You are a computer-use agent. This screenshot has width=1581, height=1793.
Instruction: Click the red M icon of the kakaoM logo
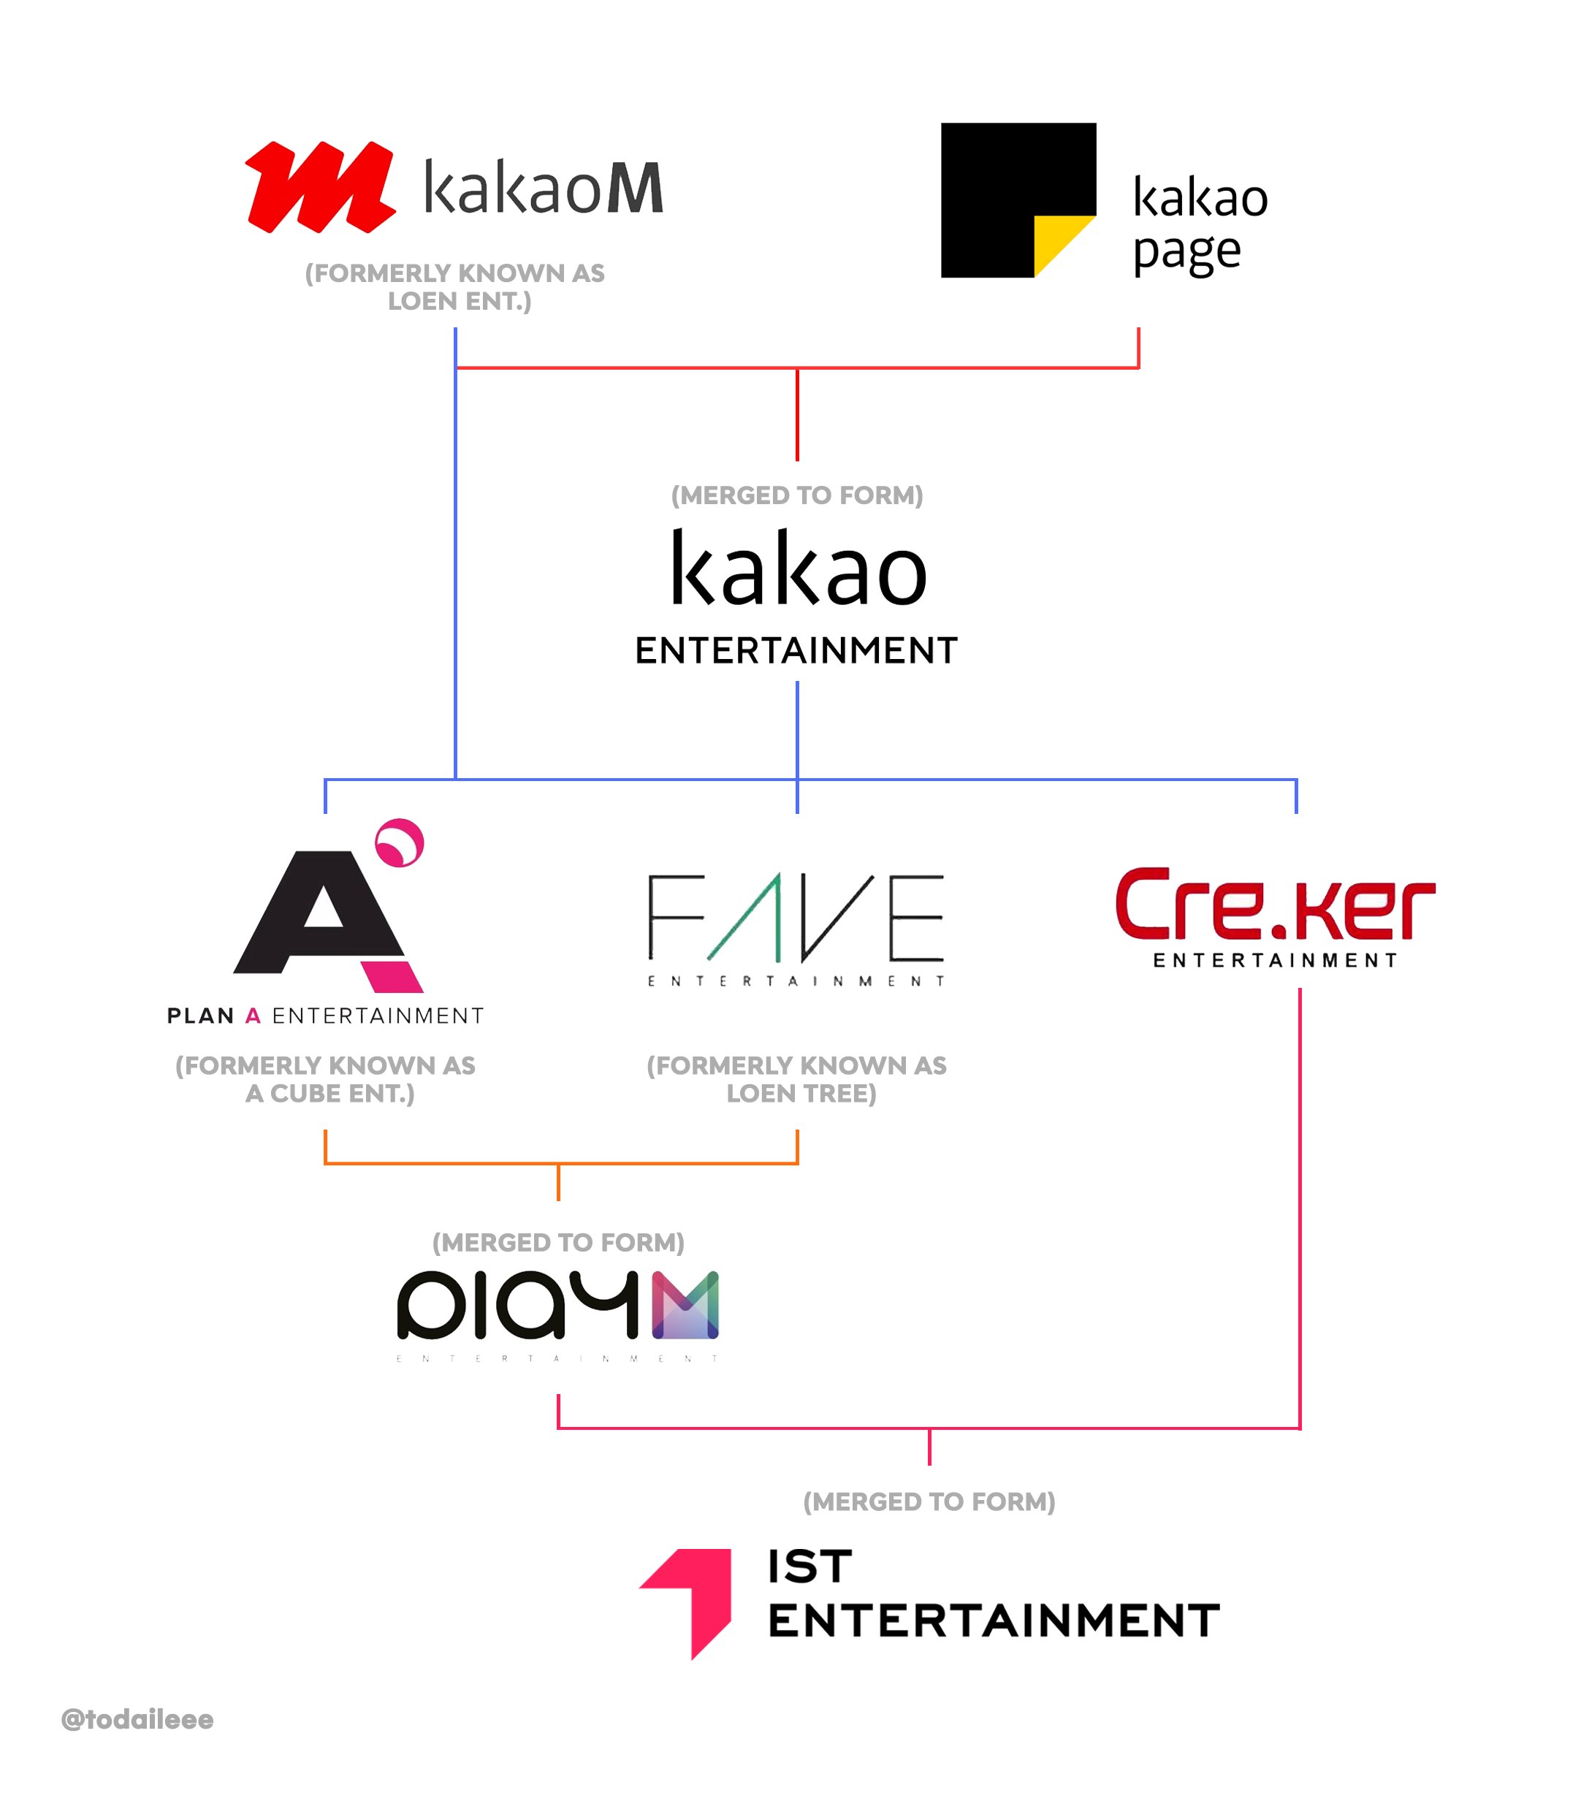[x=319, y=187]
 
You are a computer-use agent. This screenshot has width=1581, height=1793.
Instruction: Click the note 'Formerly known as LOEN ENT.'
[x=454, y=287]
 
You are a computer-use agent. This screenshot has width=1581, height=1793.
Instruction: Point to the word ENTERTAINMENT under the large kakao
[x=796, y=651]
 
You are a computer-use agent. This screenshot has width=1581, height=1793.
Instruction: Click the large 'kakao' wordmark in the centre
[x=798, y=570]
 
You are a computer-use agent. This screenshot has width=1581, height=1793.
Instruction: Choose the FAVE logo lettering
[x=796, y=918]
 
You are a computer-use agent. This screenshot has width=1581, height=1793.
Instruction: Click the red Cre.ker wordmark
[x=1274, y=905]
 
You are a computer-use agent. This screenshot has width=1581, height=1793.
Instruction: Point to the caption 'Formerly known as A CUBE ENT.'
[x=326, y=1079]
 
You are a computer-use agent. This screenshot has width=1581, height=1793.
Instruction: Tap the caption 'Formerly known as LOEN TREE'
[x=796, y=1079]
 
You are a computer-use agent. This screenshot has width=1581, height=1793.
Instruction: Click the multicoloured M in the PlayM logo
[x=685, y=1305]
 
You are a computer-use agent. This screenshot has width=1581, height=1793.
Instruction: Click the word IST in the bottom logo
[x=809, y=1567]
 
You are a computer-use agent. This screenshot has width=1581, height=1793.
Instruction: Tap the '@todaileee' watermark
[x=138, y=1719]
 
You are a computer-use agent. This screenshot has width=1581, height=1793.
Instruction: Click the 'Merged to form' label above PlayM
[x=558, y=1242]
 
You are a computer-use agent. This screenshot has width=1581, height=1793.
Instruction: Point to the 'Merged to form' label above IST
[x=929, y=1501]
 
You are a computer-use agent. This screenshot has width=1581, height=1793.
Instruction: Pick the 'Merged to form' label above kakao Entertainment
[x=796, y=495]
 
